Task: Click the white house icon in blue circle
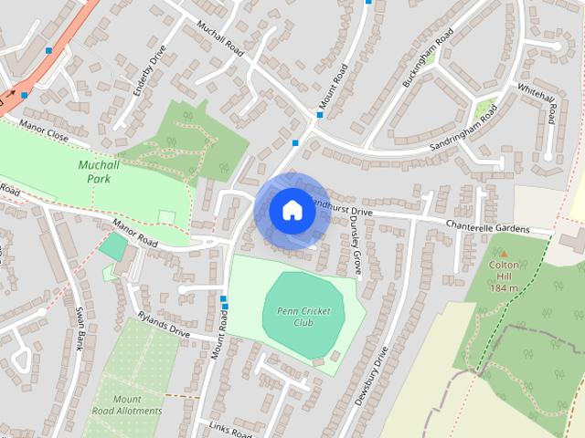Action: tap(291, 210)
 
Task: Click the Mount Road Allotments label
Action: tap(127, 405)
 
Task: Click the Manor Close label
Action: tap(45, 133)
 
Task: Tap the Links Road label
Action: tap(229, 430)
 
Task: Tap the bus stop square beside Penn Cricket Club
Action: tap(224, 298)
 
